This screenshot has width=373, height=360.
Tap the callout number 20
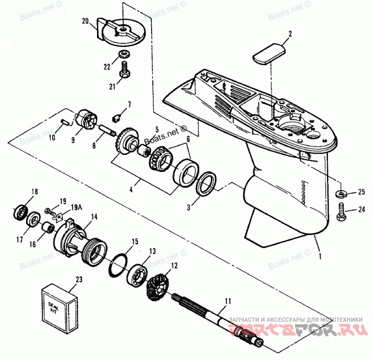(x=85, y=21)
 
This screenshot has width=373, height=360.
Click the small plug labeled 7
(x=118, y=114)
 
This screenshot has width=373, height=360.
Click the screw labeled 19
(x=48, y=211)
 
